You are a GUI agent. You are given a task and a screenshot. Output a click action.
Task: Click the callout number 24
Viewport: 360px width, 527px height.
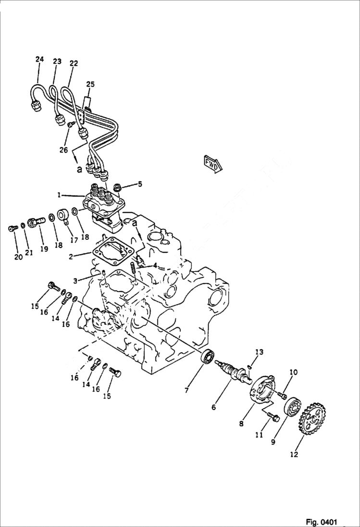39,59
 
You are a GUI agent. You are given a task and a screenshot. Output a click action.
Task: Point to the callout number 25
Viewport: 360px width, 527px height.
90,85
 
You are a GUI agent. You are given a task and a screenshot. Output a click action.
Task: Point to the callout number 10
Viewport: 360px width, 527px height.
259,352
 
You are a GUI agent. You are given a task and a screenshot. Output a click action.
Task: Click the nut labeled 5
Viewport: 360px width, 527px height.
118,185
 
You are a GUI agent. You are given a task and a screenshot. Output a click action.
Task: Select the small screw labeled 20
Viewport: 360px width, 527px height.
12,229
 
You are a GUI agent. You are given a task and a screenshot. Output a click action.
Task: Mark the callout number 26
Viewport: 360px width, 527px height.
63,150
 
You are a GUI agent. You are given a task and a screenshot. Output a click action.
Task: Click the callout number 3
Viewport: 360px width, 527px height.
75,280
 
